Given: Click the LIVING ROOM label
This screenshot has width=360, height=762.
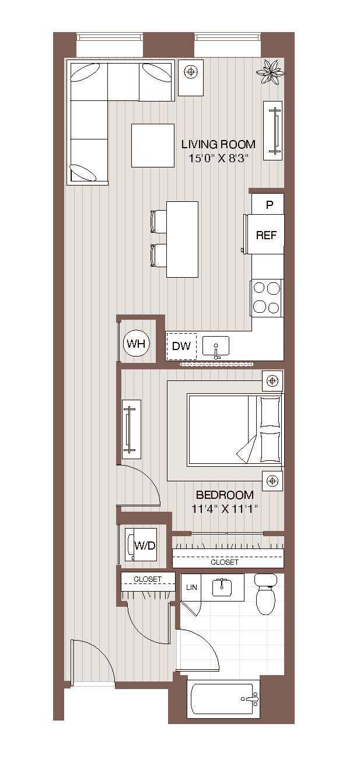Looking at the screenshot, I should point(218,144).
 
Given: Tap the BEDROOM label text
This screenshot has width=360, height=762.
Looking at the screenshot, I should point(225,495).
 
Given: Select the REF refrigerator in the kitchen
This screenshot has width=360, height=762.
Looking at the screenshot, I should point(266,235).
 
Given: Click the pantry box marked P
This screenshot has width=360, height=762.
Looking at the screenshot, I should point(269,205).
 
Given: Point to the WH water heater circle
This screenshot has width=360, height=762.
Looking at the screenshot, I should point(137,344).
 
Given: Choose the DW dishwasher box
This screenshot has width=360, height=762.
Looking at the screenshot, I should point(181,346).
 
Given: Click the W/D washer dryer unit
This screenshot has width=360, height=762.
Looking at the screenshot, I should point(144,546).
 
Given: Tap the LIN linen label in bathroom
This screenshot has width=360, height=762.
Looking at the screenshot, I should point(191,588).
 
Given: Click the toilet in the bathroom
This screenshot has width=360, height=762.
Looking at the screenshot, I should point(266,595).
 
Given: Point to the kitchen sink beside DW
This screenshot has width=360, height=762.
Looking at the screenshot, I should point(216,347).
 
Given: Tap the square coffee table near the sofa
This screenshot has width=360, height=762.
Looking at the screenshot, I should point(152,145).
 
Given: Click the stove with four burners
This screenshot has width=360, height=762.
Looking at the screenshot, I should point(267,298).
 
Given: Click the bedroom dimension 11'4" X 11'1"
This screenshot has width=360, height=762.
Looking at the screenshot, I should point(225,509).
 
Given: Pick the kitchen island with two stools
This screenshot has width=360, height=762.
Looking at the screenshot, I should point(182,239).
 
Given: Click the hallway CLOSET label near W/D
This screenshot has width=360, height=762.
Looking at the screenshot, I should point(148,579).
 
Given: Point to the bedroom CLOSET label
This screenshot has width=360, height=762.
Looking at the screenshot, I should point(225,562).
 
